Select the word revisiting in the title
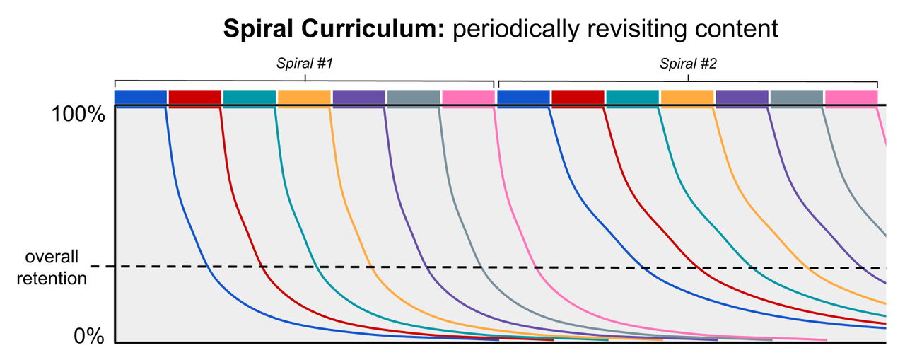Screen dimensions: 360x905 626,28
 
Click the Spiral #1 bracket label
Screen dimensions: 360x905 304,64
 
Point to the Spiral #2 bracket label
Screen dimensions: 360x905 688,64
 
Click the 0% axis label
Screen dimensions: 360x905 89,336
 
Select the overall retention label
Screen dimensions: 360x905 52,267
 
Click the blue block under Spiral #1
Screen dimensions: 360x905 140,97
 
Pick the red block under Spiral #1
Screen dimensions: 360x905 194,97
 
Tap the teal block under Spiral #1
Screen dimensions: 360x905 250,97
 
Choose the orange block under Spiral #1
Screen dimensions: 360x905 304,97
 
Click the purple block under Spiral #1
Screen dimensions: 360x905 359,97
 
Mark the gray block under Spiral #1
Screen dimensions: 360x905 414,97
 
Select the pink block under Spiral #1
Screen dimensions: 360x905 468,97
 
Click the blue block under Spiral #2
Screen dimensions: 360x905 523,97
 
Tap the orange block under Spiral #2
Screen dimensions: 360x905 687,97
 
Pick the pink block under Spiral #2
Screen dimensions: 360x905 851,97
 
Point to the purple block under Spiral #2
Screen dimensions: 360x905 742,97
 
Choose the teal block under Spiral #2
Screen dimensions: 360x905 632,97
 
